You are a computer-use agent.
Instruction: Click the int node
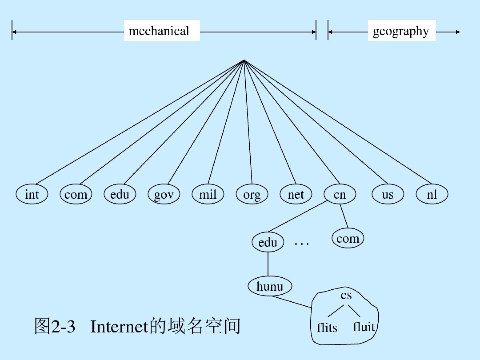[32, 194]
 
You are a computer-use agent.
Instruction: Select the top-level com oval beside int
[76, 194]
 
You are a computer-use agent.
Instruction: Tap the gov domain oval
[164, 194]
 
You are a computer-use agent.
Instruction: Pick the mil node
[208, 194]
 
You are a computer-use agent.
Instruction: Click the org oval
[252, 194]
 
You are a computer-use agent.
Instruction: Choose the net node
[296, 194]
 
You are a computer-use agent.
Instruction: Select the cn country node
[340, 194]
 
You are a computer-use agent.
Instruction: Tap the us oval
[388, 194]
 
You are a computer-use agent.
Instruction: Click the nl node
[432, 194]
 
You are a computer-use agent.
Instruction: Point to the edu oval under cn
[268, 242]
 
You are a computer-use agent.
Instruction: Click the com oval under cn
[348, 238]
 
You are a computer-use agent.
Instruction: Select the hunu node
[270, 286]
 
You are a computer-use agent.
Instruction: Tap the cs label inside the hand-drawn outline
[346, 295]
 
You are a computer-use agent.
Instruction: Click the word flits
[327, 327]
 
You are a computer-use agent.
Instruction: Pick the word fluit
[364, 327]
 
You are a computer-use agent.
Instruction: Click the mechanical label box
[162, 31]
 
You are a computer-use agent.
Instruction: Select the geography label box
[402, 31]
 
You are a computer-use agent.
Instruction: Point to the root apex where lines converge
[244, 60]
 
